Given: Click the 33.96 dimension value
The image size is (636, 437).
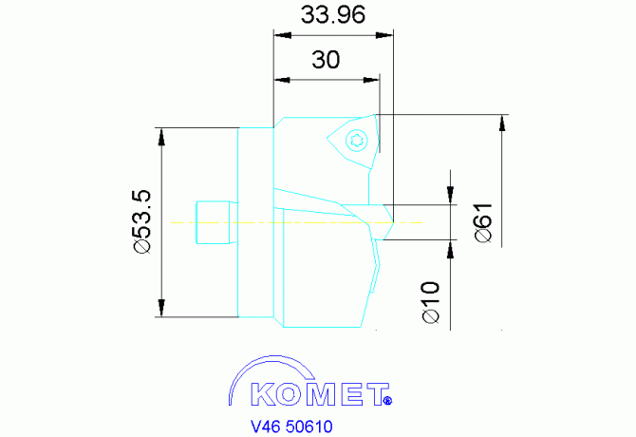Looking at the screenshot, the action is [x=333, y=15].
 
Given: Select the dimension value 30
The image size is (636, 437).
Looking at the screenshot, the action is [x=326, y=60].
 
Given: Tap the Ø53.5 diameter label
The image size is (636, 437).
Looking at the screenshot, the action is [x=142, y=222].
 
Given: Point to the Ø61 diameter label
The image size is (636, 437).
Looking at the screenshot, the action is [x=483, y=222].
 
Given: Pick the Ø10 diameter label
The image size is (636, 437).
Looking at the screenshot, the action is [x=431, y=302].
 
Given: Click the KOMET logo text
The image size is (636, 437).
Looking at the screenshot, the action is [x=318, y=394].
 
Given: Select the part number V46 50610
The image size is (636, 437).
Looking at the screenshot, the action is [x=292, y=427].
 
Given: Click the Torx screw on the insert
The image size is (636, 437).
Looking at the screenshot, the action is [x=357, y=141].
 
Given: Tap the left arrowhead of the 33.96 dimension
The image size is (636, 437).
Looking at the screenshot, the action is [x=283, y=35].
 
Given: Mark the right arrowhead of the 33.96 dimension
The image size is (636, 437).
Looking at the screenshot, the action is [x=384, y=35].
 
